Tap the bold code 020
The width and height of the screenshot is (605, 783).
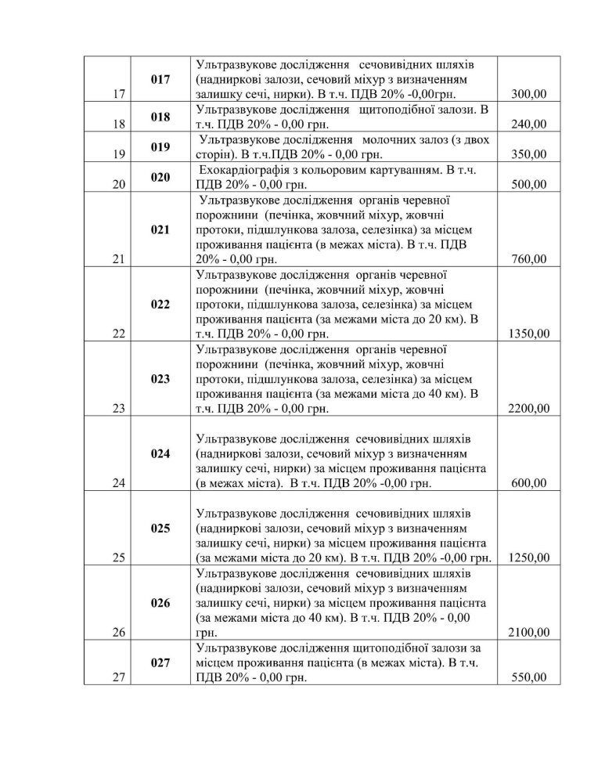[x=160, y=178]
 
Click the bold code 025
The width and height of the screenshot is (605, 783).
[x=160, y=529]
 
